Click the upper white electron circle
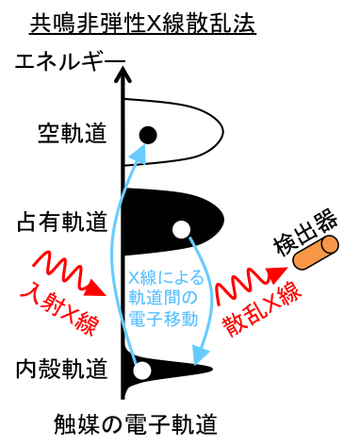[x=182, y=229]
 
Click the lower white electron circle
[x=142, y=371]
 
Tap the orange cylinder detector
[x=314, y=253]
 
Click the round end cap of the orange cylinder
[x=329, y=245]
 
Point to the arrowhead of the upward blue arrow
[x=139, y=154]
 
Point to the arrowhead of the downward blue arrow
[x=200, y=354]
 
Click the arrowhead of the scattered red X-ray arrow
[x=277, y=275]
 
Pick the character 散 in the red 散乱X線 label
[x=233, y=326]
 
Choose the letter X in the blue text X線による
[x=134, y=278]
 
